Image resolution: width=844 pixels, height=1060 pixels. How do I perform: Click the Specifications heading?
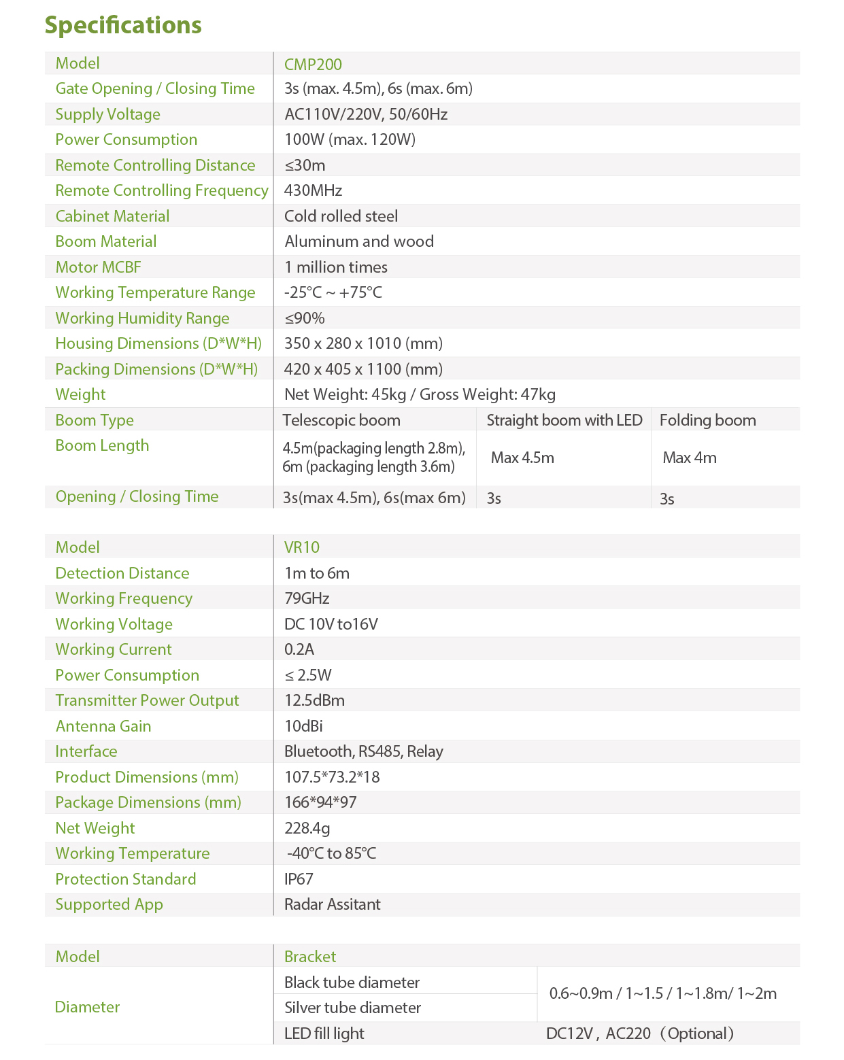tap(123, 25)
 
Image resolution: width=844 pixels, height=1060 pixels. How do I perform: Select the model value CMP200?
tap(313, 65)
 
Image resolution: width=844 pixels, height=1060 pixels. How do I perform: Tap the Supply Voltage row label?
tap(107, 114)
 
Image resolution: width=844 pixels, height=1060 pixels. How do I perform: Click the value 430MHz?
tap(313, 190)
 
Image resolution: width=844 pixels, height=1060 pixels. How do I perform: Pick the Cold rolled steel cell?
tap(341, 216)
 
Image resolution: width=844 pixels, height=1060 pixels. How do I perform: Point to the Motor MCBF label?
tap(98, 267)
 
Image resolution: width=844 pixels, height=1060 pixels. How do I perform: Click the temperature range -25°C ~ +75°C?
tap(333, 292)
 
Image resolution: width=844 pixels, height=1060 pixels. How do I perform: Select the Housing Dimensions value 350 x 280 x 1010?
tap(363, 343)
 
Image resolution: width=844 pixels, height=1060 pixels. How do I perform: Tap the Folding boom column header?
tap(707, 420)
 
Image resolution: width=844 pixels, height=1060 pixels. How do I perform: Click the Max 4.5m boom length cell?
tap(522, 458)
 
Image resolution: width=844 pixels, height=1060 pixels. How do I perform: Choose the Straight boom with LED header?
tap(564, 420)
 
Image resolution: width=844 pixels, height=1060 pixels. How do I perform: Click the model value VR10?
tap(301, 547)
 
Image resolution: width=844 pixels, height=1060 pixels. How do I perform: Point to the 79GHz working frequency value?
tap(307, 598)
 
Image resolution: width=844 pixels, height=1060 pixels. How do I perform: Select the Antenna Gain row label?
tap(103, 726)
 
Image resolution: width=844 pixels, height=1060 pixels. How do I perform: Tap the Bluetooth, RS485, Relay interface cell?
tap(363, 751)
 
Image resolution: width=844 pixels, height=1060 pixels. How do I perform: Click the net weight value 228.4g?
tap(307, 828)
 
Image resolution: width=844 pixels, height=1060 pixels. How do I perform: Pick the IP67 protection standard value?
tap(299, 879)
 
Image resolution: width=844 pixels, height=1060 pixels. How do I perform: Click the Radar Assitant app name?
tap(332, 904)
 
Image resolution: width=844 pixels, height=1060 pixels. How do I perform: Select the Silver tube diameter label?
tap(352, 1008)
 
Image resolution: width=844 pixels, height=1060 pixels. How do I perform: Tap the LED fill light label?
tap(324, 1033)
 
